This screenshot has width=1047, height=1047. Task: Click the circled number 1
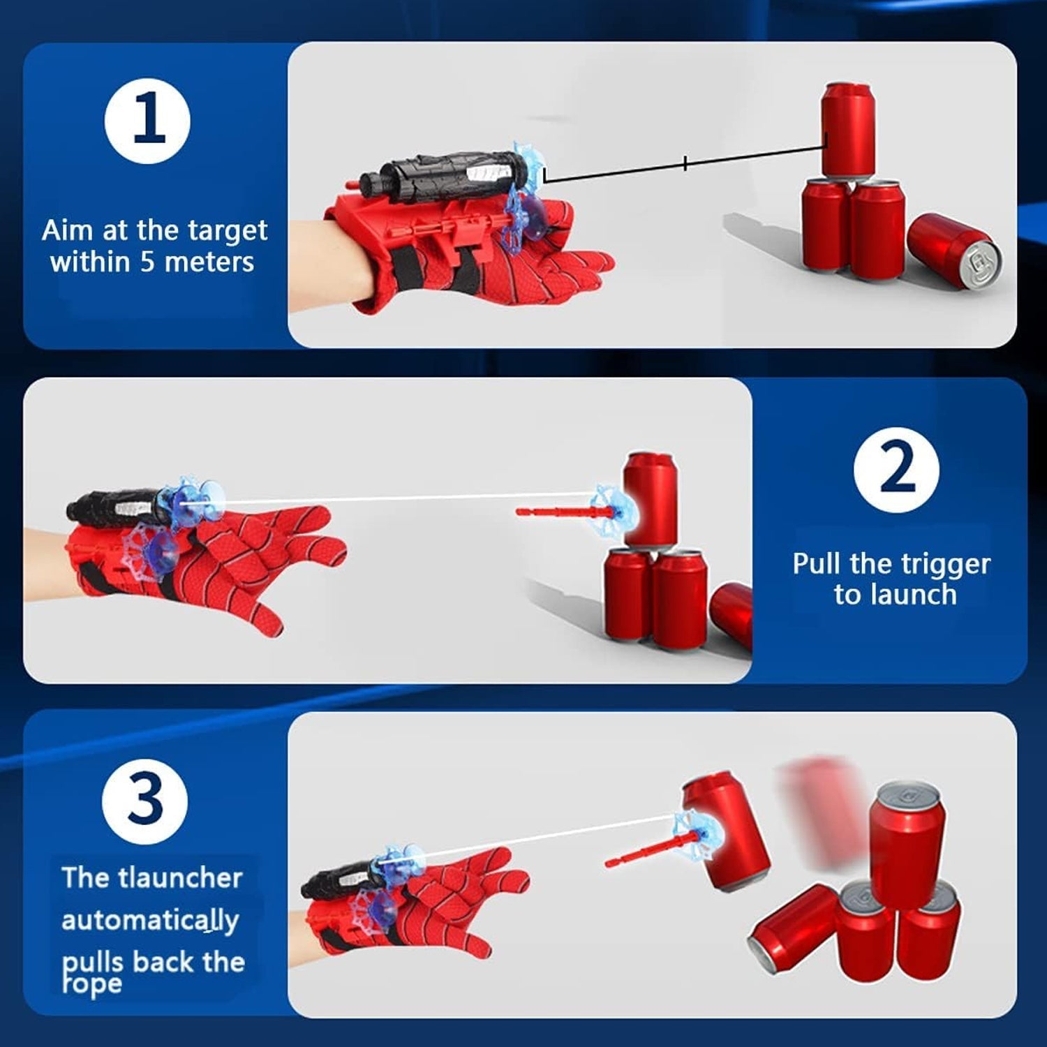(x=147, y=121)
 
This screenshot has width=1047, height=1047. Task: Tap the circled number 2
(x=896, y=470)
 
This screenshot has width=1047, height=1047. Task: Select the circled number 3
(x=144, y=801)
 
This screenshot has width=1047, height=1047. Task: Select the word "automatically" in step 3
(x=150, y=921)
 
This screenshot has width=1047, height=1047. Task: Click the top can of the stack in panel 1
(x=847, y=129)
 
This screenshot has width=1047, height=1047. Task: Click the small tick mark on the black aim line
(x=685, y=163)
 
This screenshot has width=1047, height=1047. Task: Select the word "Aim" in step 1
(x=67, y=230)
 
